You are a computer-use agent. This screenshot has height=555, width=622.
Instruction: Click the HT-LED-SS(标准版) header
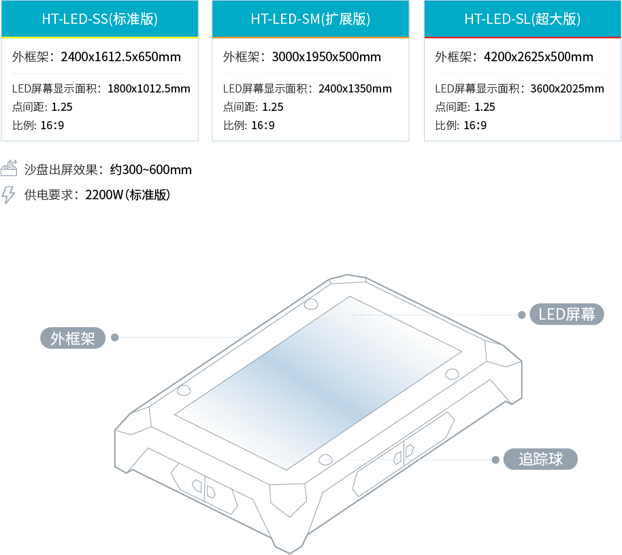99,19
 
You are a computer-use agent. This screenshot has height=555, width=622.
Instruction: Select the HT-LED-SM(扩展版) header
310,19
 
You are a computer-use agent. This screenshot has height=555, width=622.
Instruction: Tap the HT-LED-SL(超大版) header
523,19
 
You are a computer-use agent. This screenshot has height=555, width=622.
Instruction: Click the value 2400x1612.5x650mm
120,56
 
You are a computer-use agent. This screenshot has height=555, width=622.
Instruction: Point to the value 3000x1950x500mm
326,56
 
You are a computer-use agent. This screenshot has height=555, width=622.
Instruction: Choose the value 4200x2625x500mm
538,56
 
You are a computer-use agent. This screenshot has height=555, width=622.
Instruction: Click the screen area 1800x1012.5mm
149,88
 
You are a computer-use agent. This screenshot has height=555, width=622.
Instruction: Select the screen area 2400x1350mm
355,88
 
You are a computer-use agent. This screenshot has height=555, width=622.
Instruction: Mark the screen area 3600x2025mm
568,88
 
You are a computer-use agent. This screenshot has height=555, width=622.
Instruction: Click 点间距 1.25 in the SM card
253,107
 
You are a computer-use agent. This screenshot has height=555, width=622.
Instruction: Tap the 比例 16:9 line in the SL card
461,125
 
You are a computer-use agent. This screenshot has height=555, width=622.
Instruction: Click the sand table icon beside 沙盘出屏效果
9,168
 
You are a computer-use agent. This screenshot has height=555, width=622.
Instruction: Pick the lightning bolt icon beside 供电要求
8,195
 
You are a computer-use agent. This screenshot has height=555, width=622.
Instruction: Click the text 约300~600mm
151,169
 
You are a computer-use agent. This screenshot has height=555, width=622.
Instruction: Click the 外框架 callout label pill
73,338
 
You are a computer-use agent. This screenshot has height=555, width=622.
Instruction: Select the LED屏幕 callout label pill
566,314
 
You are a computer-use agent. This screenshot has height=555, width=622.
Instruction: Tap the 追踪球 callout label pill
540,459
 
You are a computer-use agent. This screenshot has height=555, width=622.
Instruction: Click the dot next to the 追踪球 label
495,460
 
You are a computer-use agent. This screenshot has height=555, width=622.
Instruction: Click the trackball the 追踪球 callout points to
325,460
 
